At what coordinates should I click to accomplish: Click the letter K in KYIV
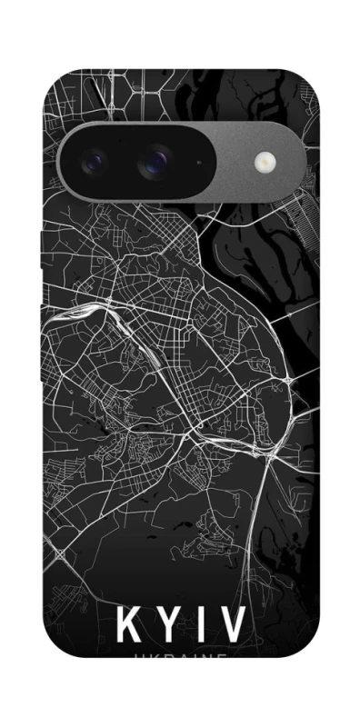pyautogui.click(x=129, y=625)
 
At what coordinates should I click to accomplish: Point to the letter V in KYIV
pyautogui.click(x=231, y=625)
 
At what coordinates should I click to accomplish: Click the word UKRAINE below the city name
pyautogui.click(x=179, y=658)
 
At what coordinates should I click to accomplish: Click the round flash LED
pyautogui.click(x=266, y=162)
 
